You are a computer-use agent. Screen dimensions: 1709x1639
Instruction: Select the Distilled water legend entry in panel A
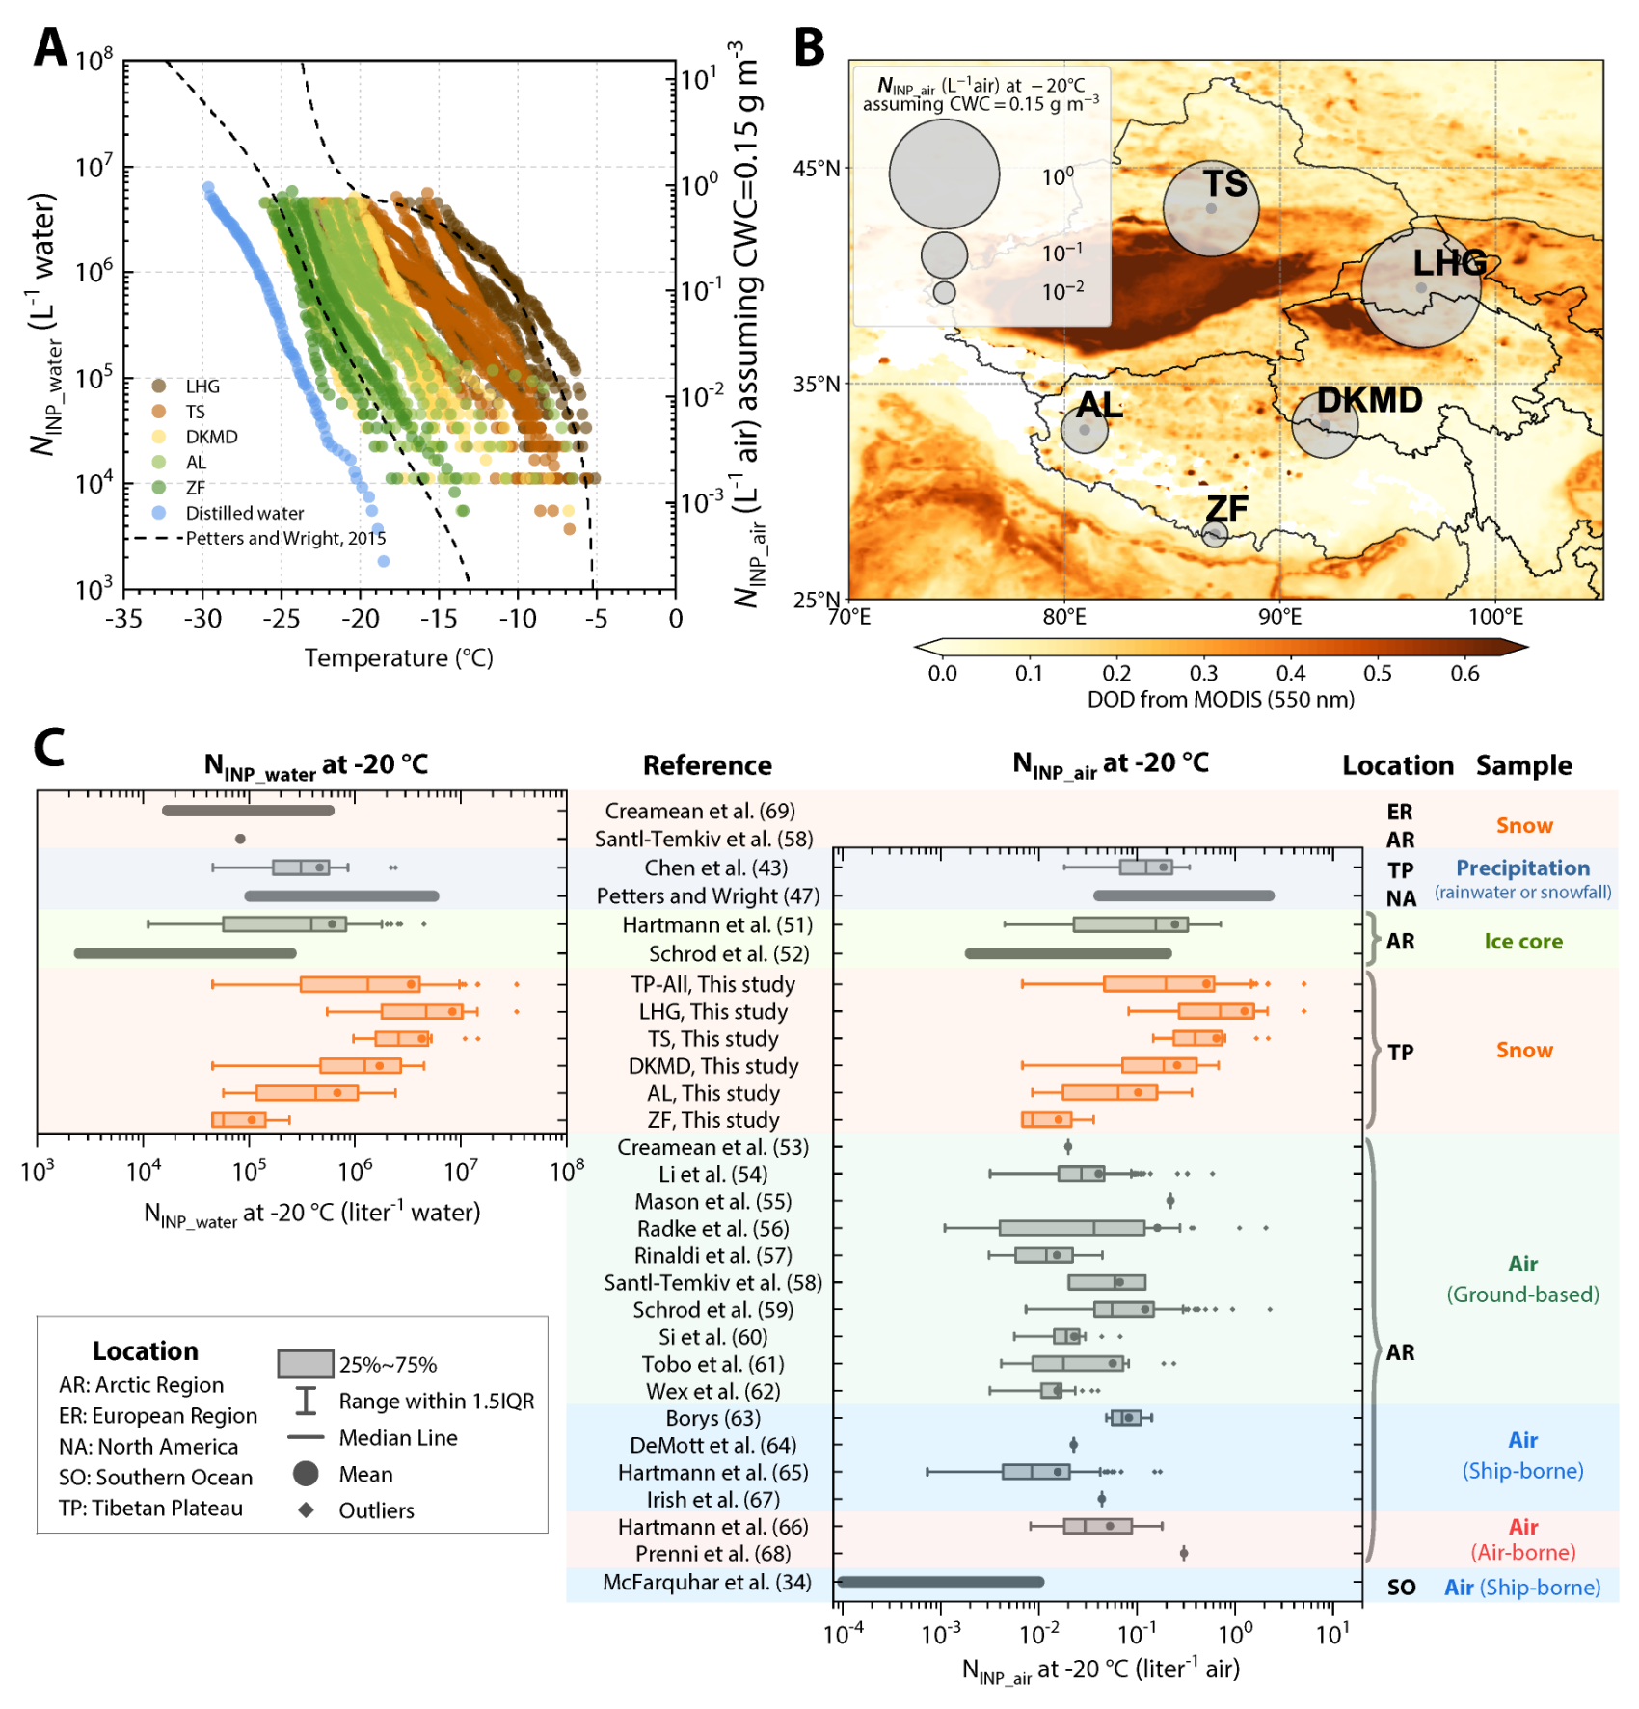(x=244, y=513)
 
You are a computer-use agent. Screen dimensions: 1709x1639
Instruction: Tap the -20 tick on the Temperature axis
(x=361, y=619)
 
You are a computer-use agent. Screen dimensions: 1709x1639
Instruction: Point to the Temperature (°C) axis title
(x=398, y=658)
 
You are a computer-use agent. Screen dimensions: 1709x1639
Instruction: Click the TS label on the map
(x=1224, y=183)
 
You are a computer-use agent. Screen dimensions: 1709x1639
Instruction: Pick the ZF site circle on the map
(x=1215, y=534)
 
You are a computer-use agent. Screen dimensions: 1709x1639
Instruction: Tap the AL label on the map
(x=1100, y=406)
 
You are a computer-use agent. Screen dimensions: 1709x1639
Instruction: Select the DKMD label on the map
(x=1369, y=400)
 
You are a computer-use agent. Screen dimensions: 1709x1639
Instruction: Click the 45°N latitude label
(x=817, y=169)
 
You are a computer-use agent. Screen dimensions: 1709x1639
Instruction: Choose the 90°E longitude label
(x=1279, y=617)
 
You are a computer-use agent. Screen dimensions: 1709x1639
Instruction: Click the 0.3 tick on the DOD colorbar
(x=1203, y=673)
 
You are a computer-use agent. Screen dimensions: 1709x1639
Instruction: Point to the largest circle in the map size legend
(x=944, y=174)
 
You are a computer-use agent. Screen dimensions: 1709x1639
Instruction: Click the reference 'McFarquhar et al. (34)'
(x=707, y=1582)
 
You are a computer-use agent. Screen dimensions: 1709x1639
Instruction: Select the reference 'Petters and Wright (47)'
(x=708, y=895)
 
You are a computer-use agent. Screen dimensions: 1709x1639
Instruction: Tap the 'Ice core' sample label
(x=1523, y=941)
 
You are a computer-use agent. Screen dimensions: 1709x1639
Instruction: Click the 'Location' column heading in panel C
(x=1397, y=765)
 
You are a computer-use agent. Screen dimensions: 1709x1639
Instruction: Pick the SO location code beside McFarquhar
(x=1401, y=1587)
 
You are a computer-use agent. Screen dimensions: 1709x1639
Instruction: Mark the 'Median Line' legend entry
(x=397, y=1437)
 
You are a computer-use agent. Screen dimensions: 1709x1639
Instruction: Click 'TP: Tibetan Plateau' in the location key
(x=150, y=1508)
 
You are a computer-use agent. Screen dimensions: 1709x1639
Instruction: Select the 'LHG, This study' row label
(x=712, y=1011)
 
